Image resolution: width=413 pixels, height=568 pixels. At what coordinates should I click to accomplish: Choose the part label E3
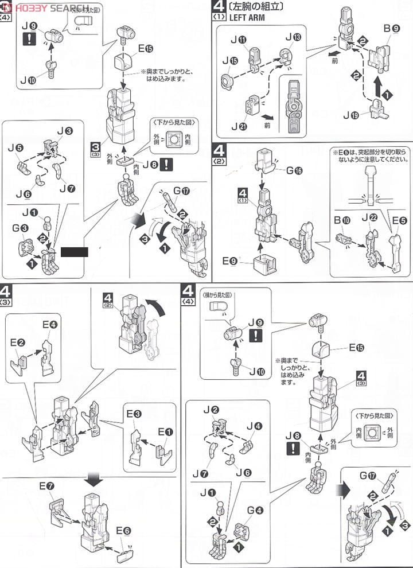click(x=134, y=414)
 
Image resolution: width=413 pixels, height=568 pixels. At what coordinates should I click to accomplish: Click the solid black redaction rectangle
click(x=73, y=251)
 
